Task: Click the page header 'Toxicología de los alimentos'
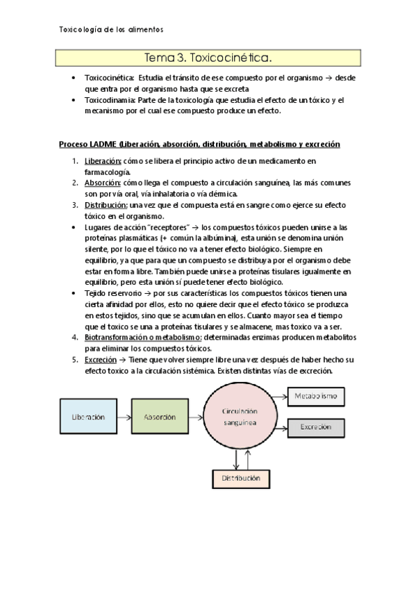point(112,30)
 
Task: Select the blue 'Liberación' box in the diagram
point(88,417)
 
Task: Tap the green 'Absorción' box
point(160,417)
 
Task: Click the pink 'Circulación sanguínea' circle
point(239,417)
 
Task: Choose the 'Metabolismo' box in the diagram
point(316,396)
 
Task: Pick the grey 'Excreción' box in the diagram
point(316,428)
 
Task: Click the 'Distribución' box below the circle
point(241,479)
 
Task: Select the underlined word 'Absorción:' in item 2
point(102,183)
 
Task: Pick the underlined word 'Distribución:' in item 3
point(106,205)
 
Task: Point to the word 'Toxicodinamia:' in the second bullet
point(110,100)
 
